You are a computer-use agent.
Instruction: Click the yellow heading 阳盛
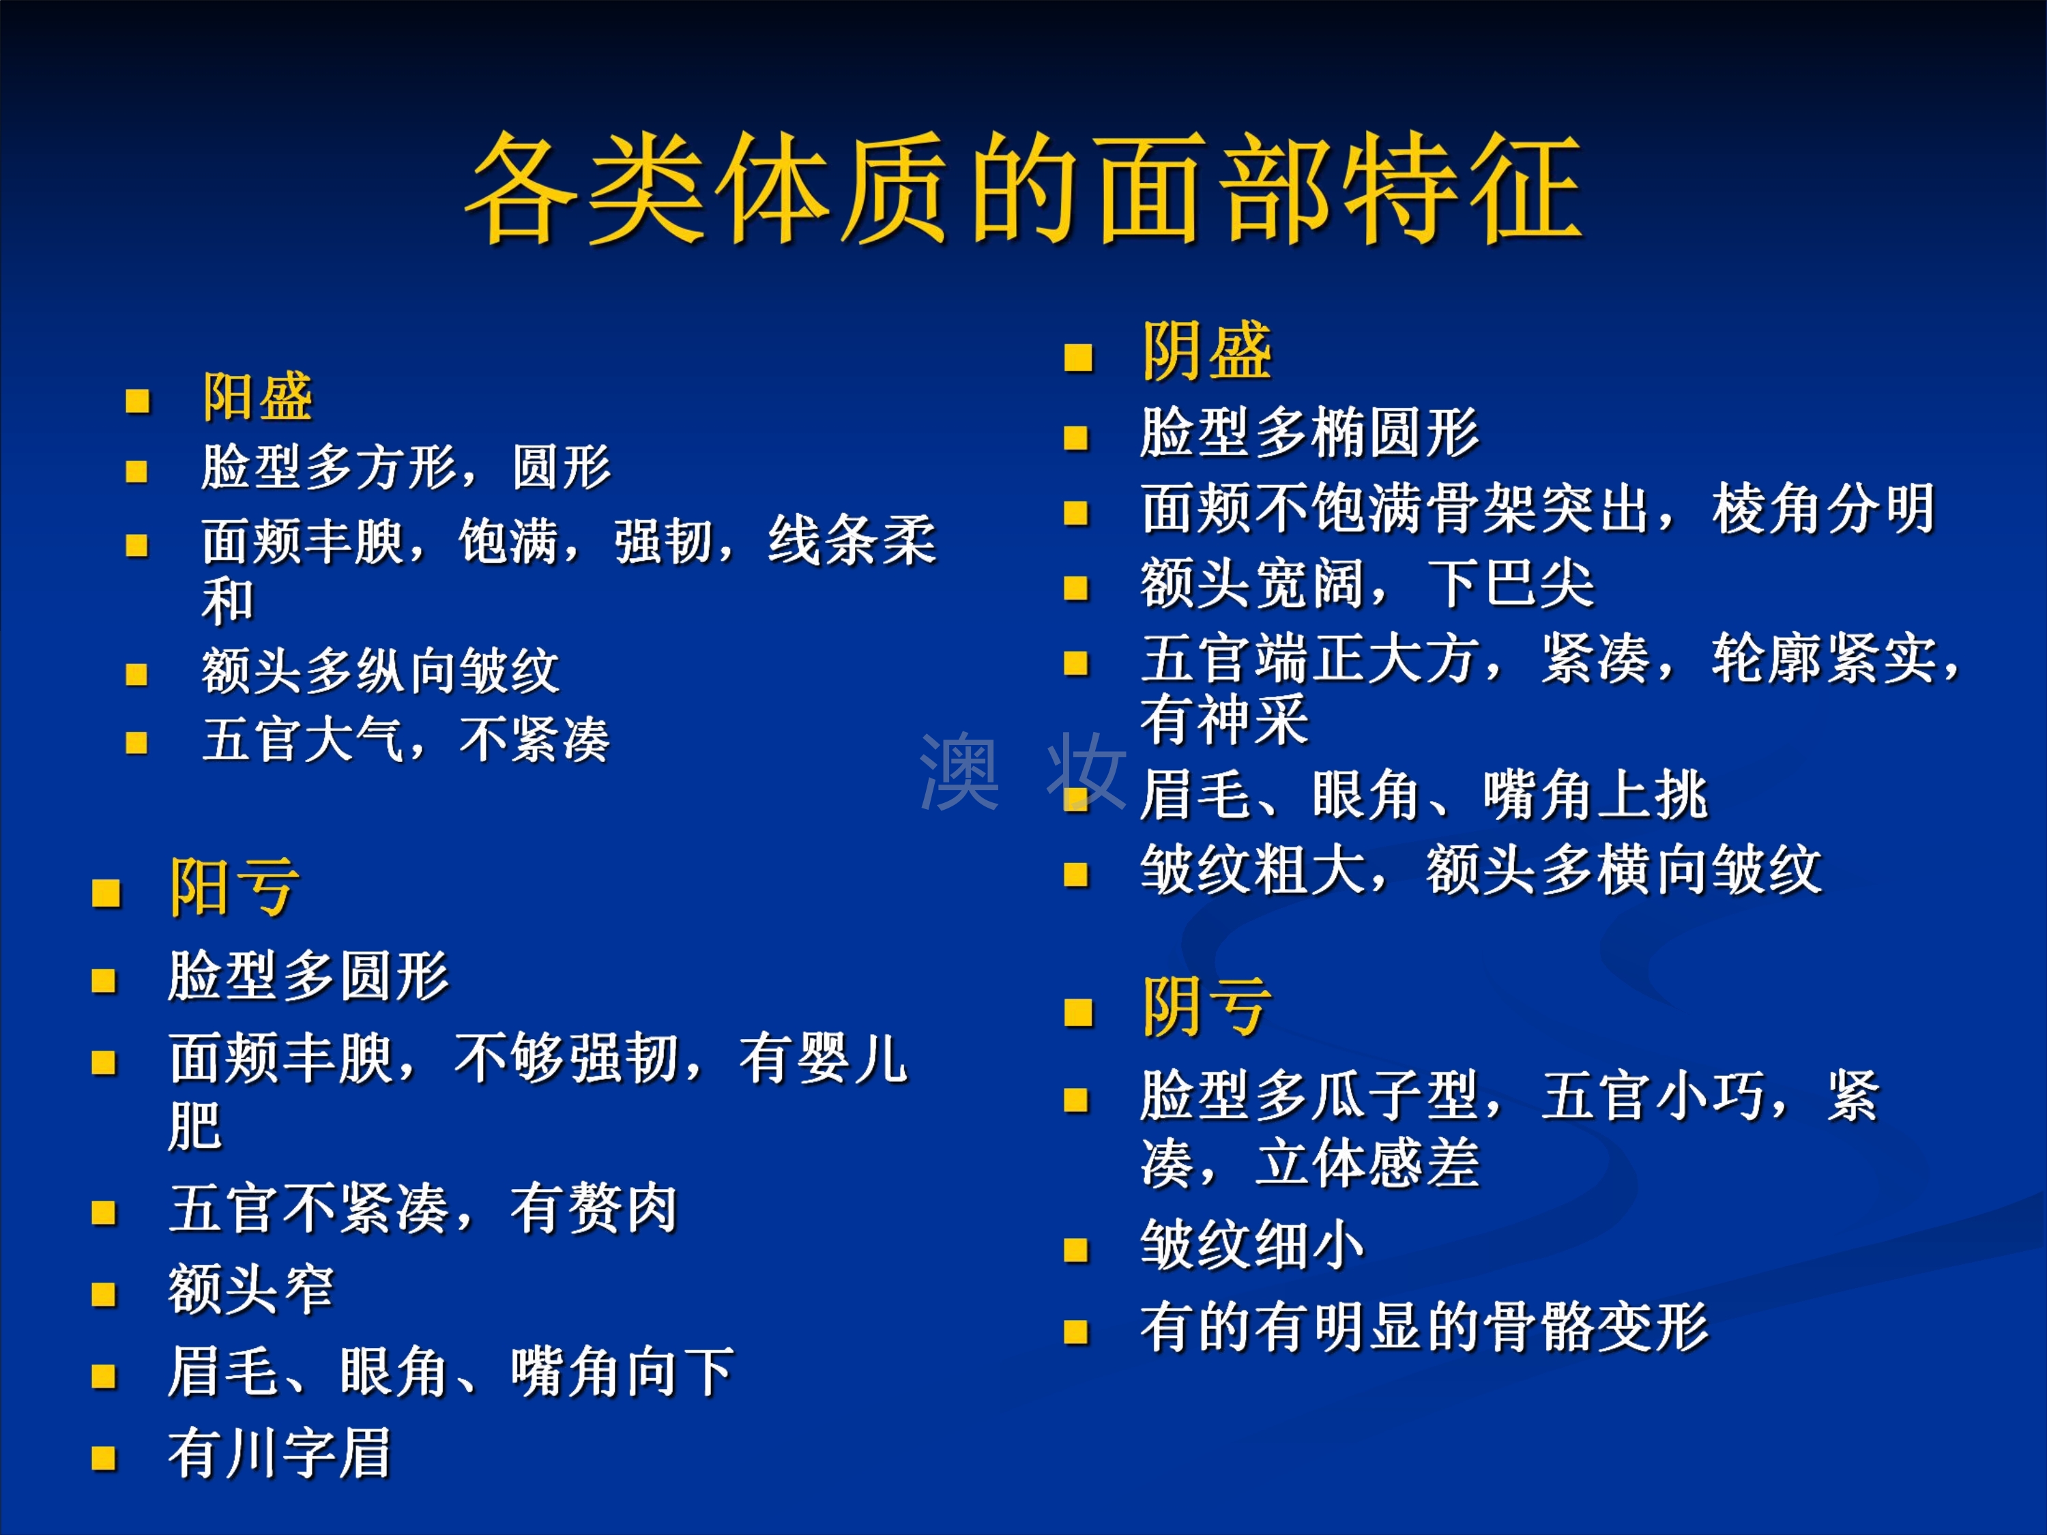click(x=258, y=397)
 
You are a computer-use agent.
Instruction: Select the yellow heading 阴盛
click(x=1207, y=351)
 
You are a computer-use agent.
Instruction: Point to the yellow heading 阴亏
click(x=1207, y=1007)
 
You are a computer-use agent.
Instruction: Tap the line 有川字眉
click(x=280, y=1454)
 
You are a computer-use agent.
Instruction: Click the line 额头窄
click(x=251, y=1289)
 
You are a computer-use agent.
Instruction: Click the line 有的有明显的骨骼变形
click(x=1424, y=1327)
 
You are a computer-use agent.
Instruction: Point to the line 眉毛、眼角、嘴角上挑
click(x=1424, y=795)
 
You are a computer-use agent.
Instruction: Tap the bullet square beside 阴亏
click(x=1079, y=1013)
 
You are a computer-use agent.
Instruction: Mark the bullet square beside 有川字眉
click(x=104, y=1458)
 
